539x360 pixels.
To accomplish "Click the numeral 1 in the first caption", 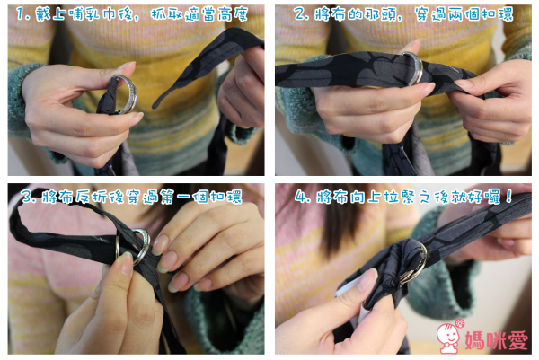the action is tap(21, 14).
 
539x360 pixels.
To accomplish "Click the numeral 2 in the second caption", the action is tap(299, 14).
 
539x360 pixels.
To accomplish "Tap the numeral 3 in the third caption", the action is tap(26, 197).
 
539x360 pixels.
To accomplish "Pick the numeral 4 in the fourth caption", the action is tap(301, 197).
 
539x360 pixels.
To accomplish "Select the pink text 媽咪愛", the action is tap(497, 340).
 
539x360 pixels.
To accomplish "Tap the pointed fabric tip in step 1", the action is tap(154, 106).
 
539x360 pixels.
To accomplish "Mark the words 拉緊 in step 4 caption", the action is tap(400, 197).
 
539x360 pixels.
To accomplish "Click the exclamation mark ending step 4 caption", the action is tap(508, 197).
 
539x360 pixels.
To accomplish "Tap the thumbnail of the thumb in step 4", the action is tap(367, 280).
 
